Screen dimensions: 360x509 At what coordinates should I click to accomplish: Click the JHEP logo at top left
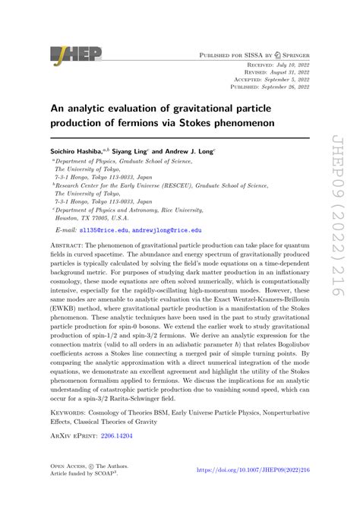click(x=69, y=54)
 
